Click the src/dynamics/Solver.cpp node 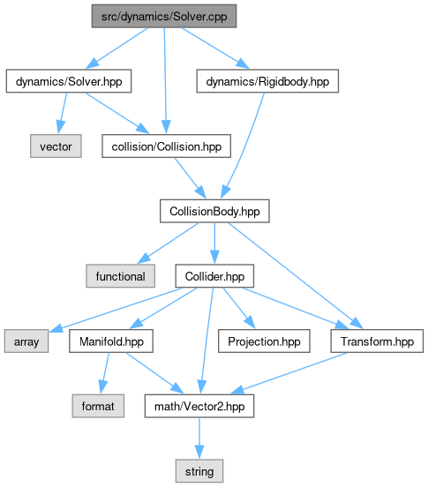(x=164, y=16)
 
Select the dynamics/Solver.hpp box (x=69, y=81)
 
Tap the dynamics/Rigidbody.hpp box (x=267, y=81)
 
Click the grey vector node (x=56, y=146)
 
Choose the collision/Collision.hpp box (x=167, y=146)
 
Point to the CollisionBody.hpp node (x=214, y=211)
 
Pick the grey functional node (x=121, y=276)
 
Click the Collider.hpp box (x=214, y=276)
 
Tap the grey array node (x=26, y=341)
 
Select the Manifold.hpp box (x=111, y=341)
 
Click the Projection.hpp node (x=264, y=341)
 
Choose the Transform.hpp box (x=377, y=341)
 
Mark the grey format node (x=98, y=406)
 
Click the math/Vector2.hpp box (x=199, y=406)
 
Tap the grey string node (x=199, y=471)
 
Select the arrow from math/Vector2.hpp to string (x=199, y=438)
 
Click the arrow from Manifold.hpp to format (x=104, y=373)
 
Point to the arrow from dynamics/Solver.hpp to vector (x=62, y=113)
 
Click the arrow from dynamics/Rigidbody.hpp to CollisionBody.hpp (x=243, y=146)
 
